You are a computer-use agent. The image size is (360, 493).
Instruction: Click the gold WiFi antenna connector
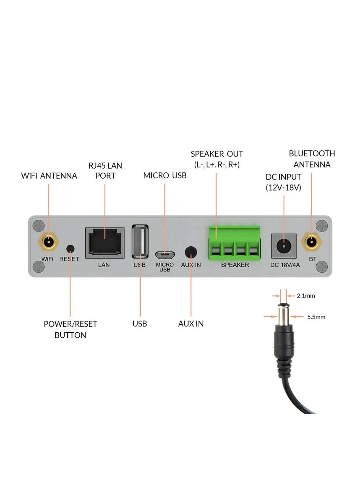click(49, 242)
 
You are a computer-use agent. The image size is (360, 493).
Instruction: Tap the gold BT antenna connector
click(312, 242)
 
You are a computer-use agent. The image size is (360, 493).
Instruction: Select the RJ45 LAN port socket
click(104, 243)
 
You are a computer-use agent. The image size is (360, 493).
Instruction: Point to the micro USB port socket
click(165, 254)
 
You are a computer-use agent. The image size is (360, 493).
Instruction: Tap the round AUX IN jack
click(191, 253)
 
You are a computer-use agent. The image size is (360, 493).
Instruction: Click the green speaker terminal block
click(234, 243)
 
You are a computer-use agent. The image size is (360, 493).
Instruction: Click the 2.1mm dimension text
click(305, 296)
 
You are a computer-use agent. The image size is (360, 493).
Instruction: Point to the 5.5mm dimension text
click(316, 317)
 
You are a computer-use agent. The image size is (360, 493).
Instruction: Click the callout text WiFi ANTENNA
click(49, 176)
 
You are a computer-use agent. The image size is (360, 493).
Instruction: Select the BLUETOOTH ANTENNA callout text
click(312, 159)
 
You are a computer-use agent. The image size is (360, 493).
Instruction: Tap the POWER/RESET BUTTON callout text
click(70, 329)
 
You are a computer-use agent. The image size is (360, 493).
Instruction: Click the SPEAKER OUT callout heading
click(217, 154)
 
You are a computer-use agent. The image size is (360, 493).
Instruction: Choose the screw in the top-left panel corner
click(38, 226)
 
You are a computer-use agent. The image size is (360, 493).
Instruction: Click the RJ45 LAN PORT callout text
click(105, 170)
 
